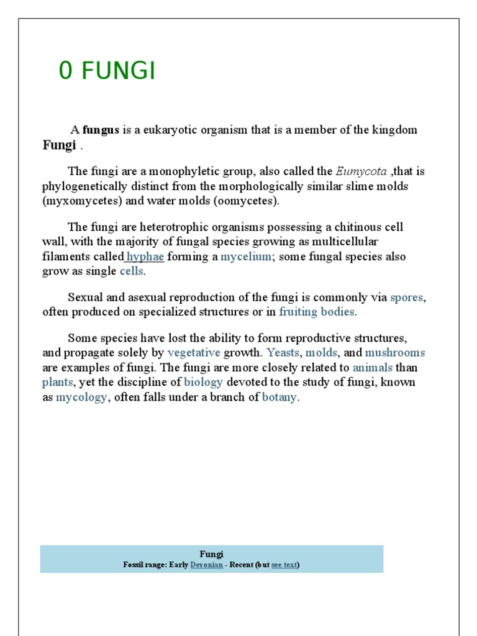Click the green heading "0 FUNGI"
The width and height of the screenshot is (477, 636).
[107, 72]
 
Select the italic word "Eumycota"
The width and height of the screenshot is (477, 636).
[361, 171]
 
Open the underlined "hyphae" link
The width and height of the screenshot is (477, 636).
[145, 257]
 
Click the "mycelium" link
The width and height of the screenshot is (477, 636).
[246, 257]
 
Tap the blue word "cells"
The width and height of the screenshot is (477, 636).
[132, 271]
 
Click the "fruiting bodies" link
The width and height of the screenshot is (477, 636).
[317, 312]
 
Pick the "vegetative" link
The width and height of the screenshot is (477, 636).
[194, 353]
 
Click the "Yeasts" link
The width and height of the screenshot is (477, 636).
[283, 353]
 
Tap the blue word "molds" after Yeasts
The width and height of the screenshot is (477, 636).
[321, 353]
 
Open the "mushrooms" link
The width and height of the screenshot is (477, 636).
[395, 353]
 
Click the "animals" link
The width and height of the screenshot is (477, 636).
[373, 368]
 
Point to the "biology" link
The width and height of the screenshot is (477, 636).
[203, 382]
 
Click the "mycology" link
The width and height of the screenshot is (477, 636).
[81, 397]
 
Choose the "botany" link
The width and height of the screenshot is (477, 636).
[279, 397]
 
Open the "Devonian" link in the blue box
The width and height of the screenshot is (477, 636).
[206, 565]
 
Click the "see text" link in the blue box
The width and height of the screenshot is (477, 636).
[284, 565]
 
